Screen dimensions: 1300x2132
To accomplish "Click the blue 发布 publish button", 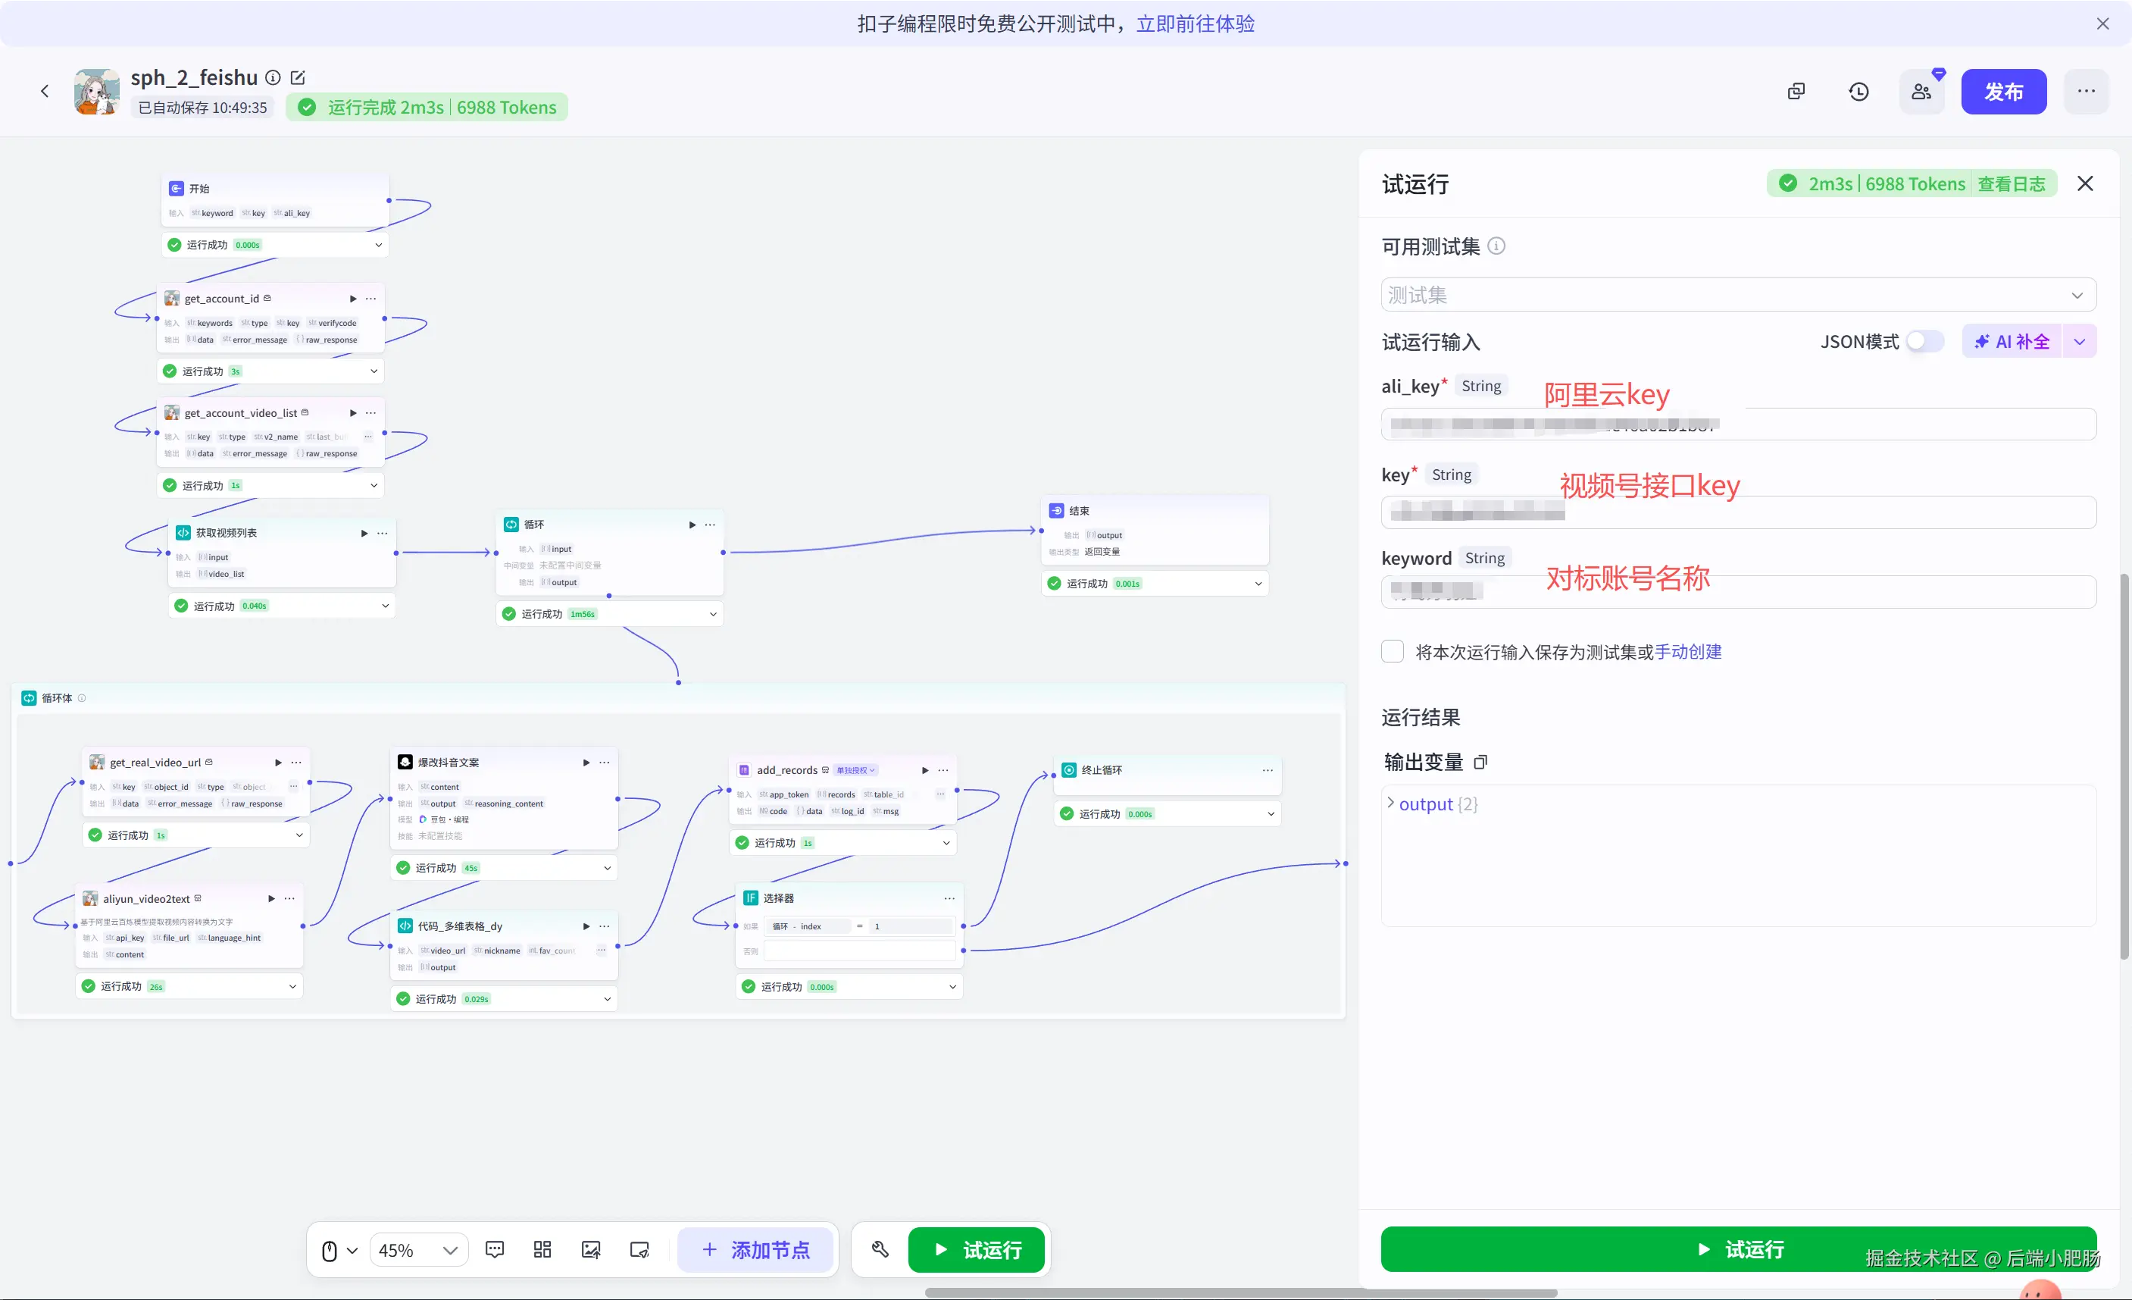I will [2002, 92].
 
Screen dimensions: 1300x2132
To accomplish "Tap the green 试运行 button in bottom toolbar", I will [976, 1250].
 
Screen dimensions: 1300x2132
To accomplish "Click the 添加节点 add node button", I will [755, 1250].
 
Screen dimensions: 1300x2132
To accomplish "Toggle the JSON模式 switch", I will [1924, 342].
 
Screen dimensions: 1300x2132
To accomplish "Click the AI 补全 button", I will [2012, 342].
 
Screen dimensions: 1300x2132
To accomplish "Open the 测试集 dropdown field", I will [1737, 295].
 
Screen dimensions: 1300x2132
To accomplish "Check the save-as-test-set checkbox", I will [1393, 652].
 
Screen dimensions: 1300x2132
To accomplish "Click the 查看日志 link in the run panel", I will [2011, 184].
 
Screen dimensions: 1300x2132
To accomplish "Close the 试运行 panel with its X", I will [2084, 183].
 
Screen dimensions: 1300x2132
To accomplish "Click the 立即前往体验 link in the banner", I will [1195, 23].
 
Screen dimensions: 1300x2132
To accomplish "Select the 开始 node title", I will [199, 189].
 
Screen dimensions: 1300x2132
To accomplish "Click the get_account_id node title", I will [221, 299].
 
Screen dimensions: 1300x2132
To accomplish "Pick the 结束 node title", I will [1079, 512].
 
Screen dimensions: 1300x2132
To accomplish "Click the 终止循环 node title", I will [1102, 770].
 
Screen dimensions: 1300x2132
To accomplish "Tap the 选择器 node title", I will [778, 898].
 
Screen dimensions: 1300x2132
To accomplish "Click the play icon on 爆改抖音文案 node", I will [586, 763].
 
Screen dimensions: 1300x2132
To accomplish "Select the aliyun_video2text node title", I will [146, 899].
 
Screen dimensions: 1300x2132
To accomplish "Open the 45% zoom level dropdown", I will [419, 1251].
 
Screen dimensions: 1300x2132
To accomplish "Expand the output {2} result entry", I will [1390, 803].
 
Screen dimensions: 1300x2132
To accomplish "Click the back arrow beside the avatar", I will [45, 91].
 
